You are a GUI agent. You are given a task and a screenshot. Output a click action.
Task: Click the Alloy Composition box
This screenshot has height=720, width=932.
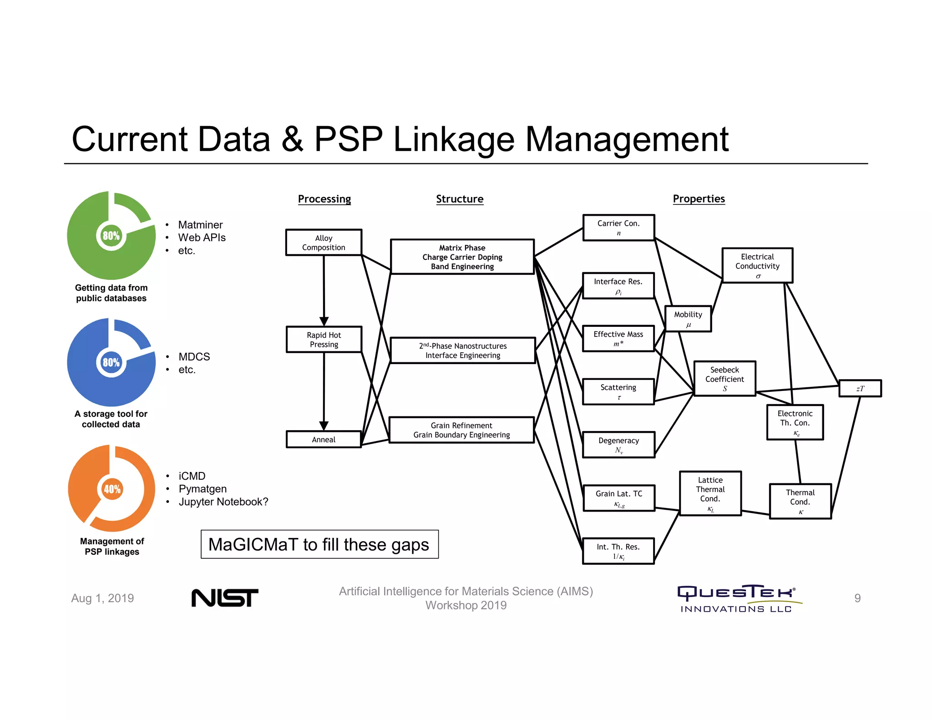(324, 243)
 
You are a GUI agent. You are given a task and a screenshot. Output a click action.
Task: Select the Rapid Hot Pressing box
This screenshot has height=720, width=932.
(324, 340)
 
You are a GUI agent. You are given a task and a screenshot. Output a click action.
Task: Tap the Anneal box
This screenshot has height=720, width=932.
(324, 440)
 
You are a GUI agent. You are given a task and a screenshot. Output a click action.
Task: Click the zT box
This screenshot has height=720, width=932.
(860, 389)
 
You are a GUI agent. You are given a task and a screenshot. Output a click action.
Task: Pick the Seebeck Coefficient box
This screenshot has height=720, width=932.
(724, 379)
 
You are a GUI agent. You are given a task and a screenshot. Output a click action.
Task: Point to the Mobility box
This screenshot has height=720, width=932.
(688, 319)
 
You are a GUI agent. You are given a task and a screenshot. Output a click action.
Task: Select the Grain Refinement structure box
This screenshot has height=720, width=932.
(461, 430)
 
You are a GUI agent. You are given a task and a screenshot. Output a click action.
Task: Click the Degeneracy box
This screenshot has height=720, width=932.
(618, 445)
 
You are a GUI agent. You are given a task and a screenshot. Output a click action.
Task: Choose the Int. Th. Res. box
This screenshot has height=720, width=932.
(618, 551)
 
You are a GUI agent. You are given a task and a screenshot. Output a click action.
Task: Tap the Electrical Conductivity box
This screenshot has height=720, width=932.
(757, 265)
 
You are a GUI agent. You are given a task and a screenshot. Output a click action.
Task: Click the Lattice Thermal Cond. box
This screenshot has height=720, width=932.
(710, 493)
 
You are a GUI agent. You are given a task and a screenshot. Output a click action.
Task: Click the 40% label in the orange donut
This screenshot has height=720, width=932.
(112, 489)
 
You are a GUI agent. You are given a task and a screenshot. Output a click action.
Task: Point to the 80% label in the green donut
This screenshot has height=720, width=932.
(111, 236)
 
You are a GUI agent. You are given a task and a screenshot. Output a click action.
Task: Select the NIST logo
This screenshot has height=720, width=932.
(225, 598)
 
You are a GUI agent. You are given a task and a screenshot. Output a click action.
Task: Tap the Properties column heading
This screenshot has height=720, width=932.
(699, 199)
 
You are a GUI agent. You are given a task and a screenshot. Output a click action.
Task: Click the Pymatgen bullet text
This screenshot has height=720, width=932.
(203, 489)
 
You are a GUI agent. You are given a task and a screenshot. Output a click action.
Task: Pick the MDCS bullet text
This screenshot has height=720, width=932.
(194, 357)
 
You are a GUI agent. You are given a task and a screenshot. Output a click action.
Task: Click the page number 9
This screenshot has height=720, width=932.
(857, 598)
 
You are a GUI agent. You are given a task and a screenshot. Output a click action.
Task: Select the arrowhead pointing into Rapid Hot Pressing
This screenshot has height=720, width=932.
(324, 321)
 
